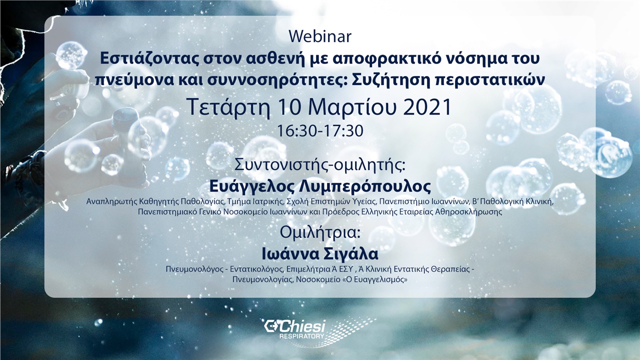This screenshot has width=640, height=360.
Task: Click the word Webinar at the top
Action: click(320, 36)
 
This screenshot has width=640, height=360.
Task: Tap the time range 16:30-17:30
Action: click(320, 131)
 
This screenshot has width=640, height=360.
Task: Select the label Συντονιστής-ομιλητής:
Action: click(320, 165)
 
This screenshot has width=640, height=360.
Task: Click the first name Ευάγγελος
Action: click(250, 186)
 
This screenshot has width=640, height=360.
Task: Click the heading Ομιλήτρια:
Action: click(320, 232)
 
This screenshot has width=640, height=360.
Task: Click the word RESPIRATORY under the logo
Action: click(301, 336)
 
